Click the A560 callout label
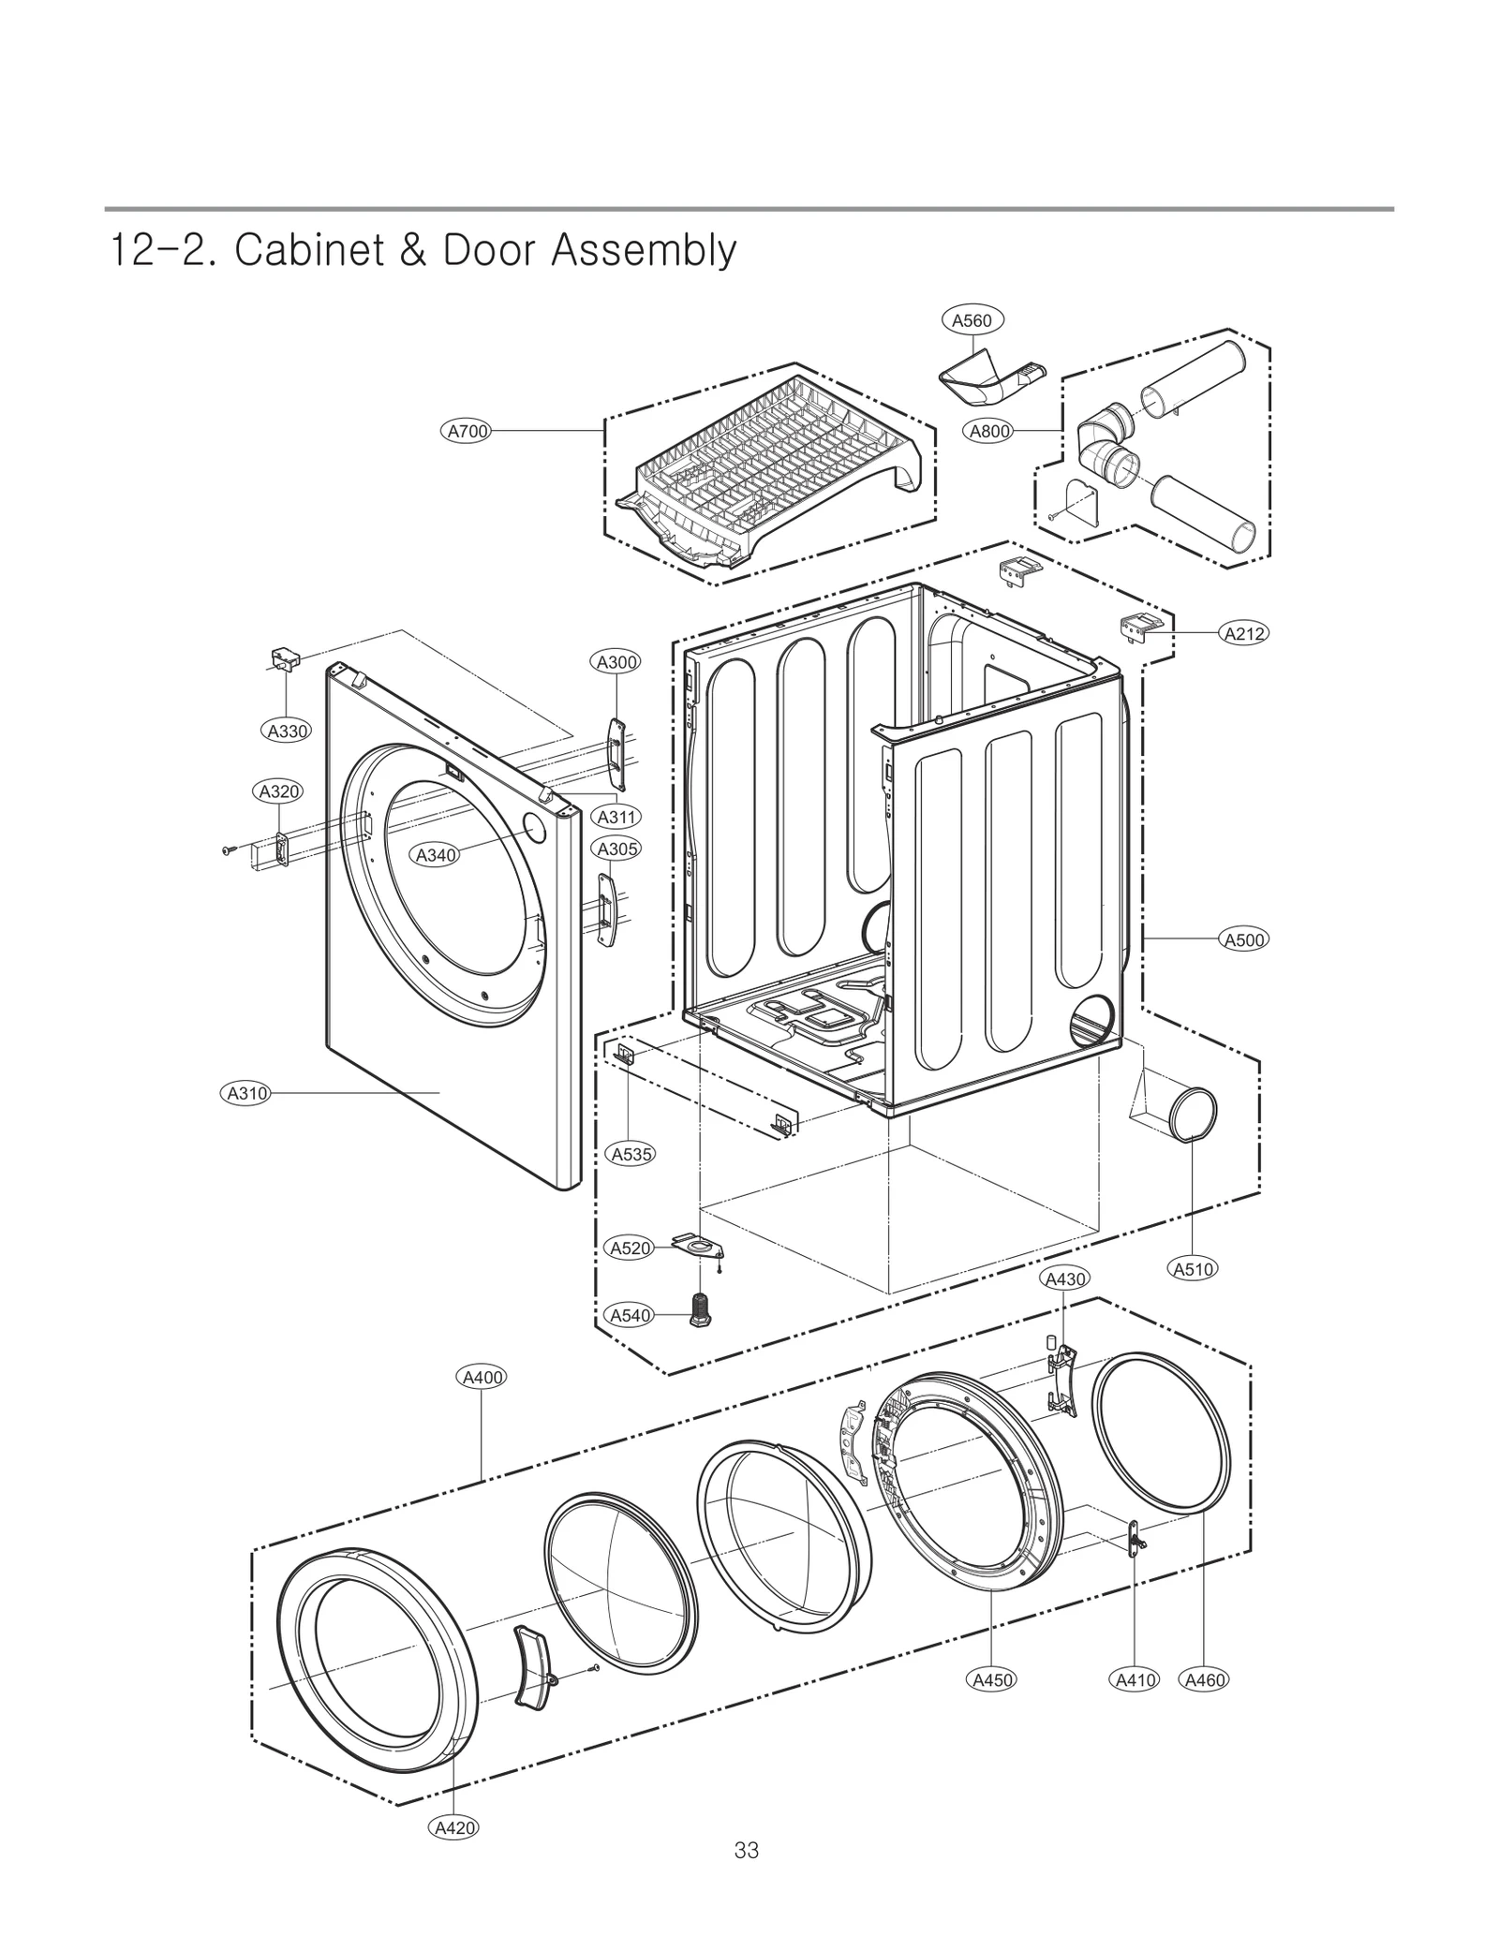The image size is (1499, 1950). pos(972,320)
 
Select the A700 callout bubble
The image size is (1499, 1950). pos(467,431)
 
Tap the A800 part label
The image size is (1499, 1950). pos(989,431)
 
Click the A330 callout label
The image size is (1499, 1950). pos(288,731)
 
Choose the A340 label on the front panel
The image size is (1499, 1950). pos(436,854)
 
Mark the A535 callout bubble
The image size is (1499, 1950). pos(631,1154)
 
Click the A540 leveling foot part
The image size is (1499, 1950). pos(699,1308)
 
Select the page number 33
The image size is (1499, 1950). pos(747,1850)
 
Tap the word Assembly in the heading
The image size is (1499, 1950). pos(643,251)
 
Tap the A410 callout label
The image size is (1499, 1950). pos(1135,1679)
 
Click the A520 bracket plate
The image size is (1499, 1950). pos(698,1248)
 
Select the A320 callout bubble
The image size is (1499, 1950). pos(279,791)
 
